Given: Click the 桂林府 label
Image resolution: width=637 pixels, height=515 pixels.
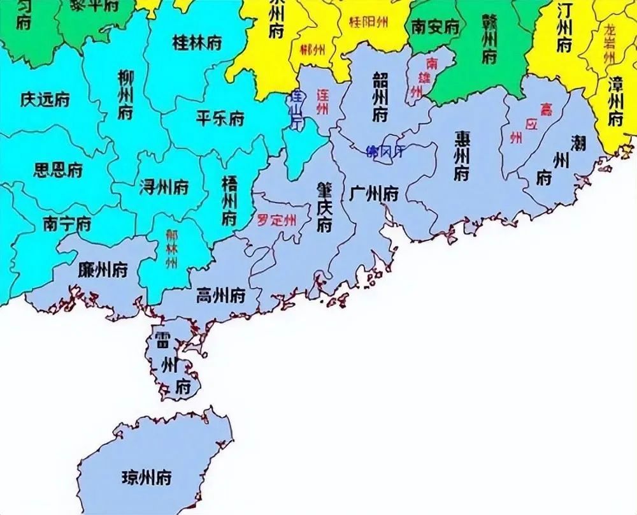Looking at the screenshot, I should [x=197, y=43].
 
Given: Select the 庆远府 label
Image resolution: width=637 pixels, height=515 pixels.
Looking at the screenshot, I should [x=45, y=100].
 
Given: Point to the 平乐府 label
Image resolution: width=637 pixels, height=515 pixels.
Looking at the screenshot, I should [x=220, y=119].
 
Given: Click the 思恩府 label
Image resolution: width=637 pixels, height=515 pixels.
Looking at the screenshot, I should [x=58, y=170].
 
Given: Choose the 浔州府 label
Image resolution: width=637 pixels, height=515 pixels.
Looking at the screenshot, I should [x=164, y=187].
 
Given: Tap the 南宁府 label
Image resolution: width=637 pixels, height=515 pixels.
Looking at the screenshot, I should [x=67, y=224].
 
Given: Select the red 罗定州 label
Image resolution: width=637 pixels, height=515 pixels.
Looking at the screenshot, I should [x=276, y=221].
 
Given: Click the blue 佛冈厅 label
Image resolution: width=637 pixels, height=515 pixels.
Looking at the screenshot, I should [x=385, y=152].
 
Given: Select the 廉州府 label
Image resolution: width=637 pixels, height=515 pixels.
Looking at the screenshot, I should [x=103, y=270].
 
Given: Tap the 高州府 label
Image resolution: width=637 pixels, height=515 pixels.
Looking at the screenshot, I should [x=220, y=295].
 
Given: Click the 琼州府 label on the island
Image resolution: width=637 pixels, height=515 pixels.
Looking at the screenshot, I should [x=147, y=477].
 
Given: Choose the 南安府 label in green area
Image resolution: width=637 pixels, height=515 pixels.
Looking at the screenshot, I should [x=436, y=27].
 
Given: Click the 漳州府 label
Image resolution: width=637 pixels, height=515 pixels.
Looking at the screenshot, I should [x=615, y=101].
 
